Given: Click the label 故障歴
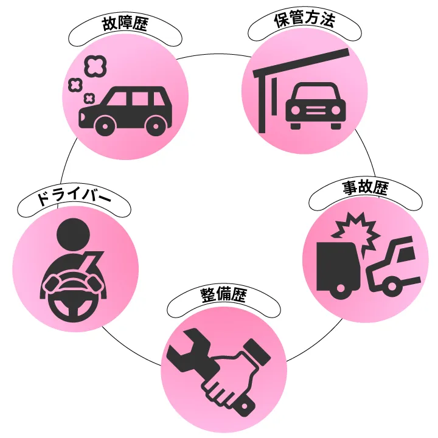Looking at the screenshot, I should coord(125,26).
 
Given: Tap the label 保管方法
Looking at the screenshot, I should coord(304,21).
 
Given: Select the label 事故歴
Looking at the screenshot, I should coord(365,188).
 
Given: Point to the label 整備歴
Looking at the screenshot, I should coord(223,295).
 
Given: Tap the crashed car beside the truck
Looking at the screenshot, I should coord(394,268).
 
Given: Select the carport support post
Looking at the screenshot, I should coord(262,103).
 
